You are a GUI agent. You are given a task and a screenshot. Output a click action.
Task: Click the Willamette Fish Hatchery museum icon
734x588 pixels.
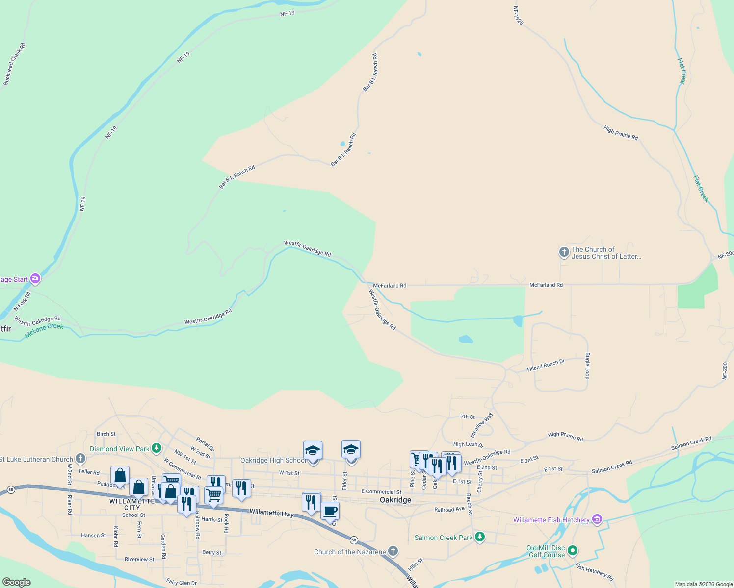pyautogui.click(x=597, y=519)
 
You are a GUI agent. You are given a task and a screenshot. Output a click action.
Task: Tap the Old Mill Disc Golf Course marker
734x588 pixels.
pyautogui.click(x=572, y=551)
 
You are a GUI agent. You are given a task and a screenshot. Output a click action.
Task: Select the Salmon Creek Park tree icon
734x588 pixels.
pyautogui.click(x=480, y=537)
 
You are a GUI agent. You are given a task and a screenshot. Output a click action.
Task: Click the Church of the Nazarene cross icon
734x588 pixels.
pyautogui.click(x=393, y=551)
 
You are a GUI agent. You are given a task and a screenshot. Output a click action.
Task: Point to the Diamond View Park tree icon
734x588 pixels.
pyautogui.click(x=157, y=448)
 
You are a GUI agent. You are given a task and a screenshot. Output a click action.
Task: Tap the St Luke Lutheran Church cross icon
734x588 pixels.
pyautogui.click(x=80, y=459)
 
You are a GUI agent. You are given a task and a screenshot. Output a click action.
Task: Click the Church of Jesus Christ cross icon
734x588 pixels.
pyautogui.click(x=564, y=252)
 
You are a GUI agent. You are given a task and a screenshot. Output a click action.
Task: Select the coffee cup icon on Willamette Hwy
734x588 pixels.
pyautogui.click(x=330, y=511)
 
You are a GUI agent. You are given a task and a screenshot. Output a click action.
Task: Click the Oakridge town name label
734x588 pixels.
pyautogui.click(x=395, y=500)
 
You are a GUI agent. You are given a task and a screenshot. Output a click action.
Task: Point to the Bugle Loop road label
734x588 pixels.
pyautogui.click(x=587, y=366)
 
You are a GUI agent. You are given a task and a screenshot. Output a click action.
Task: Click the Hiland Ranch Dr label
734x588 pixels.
pyautogui.click(x=546, y=365)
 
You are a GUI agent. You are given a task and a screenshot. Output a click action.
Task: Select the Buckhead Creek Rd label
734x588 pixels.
pyautogui.click(x=14, y=64)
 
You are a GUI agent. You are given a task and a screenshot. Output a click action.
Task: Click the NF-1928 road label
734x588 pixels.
pyautogui.click(x=518, y=16)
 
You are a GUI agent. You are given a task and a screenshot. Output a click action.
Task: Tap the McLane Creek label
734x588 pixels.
pyautogui.click(x=44, y=330)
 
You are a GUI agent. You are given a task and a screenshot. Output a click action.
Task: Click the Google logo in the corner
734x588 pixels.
pyautogui.click(x=16, y=582)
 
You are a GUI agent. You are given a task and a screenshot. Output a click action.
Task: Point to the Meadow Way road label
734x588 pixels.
pyautogui.click(x=481, y=425)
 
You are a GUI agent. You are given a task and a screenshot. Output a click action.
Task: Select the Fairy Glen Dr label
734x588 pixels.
pyautogui.click(x=182, y=583)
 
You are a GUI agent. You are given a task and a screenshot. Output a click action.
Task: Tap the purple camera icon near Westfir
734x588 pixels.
pyautogui.click(x=35, y=279)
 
